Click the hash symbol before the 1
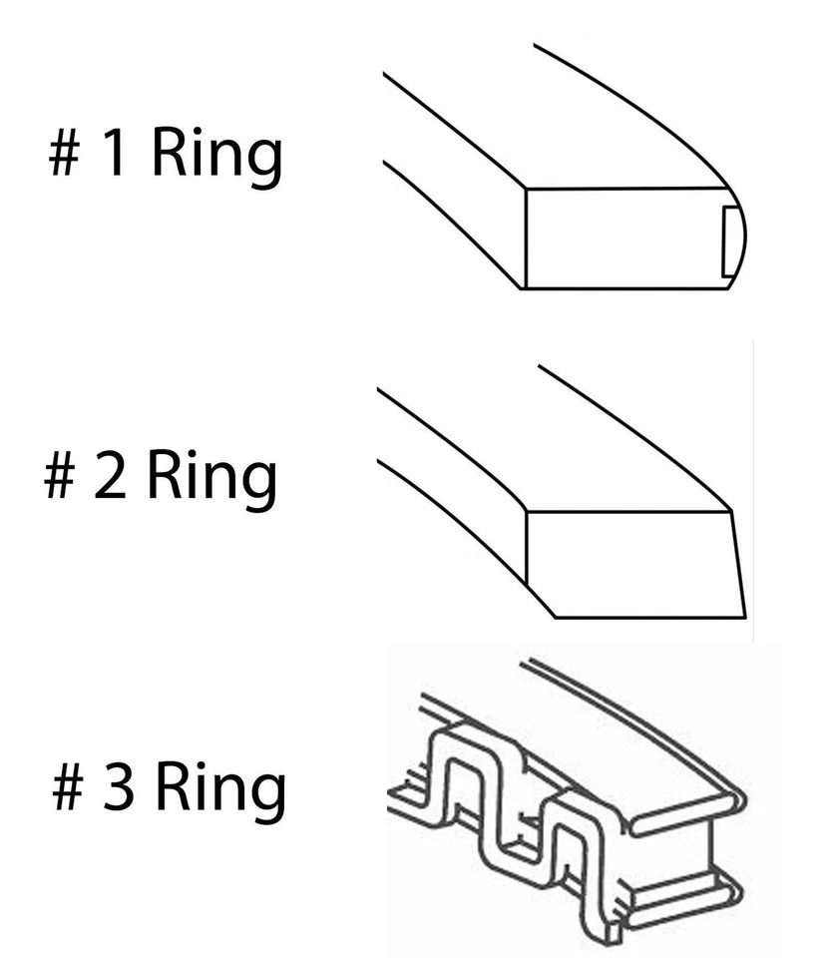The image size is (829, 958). point(65,157)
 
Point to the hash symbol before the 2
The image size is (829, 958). point(61,476)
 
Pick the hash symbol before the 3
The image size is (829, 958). point(68,788)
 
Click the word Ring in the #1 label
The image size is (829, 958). point(215,157)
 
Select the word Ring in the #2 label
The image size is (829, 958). point(211,476)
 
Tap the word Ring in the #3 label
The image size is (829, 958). point(220,788)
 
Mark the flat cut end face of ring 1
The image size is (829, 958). point(619,238)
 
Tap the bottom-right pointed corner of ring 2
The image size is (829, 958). point(744,615)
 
